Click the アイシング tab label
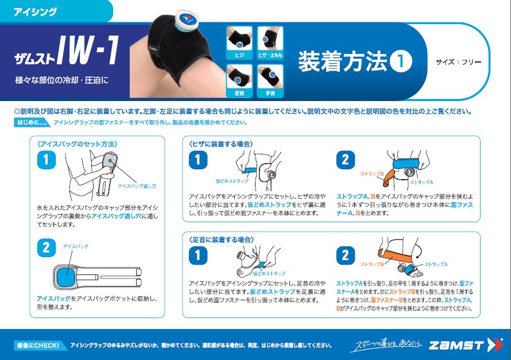[x=35, y=11]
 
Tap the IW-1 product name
[x=88, y=50]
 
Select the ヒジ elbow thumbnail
[x=239, y=43]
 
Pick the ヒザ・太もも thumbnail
[x=270, y=43]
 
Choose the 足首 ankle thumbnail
[x=239, y=81]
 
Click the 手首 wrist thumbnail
[x=270, y=81]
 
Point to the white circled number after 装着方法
[x=401, y=61]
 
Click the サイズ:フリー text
[x=459, y=62]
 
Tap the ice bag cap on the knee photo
[x=185, y=19]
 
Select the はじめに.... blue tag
[x=31, y=122]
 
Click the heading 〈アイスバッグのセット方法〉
[x=78, y=144]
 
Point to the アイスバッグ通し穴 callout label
[x=137, y=186]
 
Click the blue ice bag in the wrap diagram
[x=66, y=277]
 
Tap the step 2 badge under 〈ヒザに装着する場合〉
[x=346, y=160]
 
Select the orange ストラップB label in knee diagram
[x=372, y=174]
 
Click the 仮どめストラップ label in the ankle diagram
[x=269, y=273]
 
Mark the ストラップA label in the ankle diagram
[x=436, y=264]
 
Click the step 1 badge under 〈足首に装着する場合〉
[x=198, y=256]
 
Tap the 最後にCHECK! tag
[x=39, y=345]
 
